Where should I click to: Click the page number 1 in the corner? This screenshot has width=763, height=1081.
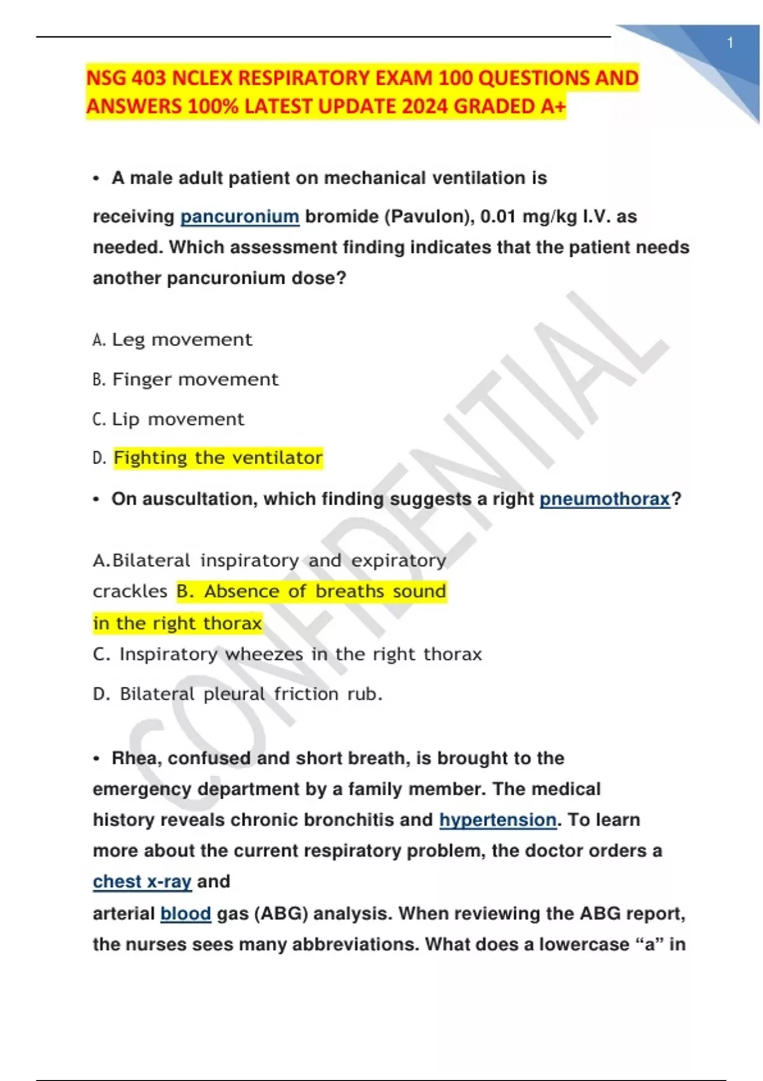pos(730,43)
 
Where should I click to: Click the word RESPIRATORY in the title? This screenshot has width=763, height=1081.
pos(299,78)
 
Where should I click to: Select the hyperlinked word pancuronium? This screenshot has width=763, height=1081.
pos(240,217)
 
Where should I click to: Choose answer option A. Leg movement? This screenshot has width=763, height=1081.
pos(173,340)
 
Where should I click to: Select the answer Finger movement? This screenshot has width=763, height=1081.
pos(195,380)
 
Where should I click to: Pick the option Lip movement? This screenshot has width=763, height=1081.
pos(177,420)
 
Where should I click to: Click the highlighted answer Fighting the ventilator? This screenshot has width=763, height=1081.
pos(218,458)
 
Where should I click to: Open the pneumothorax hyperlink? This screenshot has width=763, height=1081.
pos(605,499)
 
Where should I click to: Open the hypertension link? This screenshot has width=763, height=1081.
pos(498,820)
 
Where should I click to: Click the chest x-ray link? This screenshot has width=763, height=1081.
pos(142,882)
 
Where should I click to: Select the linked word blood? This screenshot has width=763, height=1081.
pos(185,914)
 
